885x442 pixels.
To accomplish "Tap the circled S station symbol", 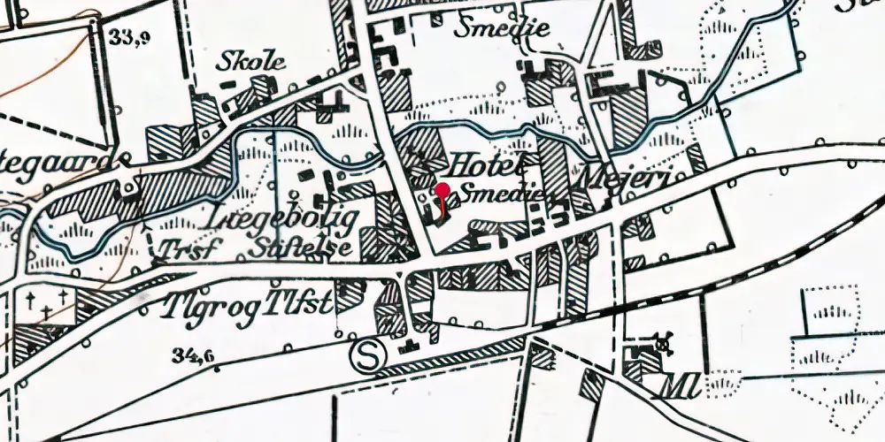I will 366,356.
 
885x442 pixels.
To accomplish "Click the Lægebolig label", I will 282,217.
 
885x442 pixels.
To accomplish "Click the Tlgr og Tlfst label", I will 247,305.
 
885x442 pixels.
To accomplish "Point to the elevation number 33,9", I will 129,37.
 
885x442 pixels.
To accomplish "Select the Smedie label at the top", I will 502,28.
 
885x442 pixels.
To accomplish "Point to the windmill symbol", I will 661,340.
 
